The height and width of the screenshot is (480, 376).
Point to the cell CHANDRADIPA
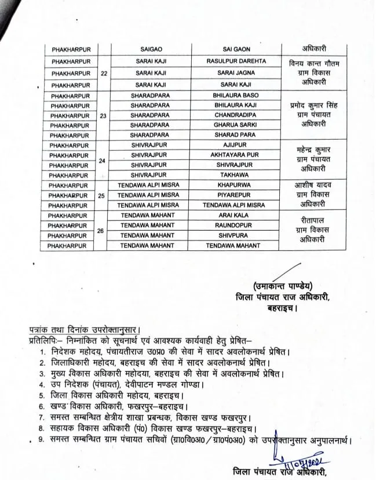236,115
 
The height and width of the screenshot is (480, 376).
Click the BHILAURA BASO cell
236,95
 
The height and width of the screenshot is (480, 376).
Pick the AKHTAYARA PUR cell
236,155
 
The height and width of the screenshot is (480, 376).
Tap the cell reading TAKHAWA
236,175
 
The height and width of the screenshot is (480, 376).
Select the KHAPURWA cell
236,186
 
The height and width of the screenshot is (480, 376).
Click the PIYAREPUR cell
236,195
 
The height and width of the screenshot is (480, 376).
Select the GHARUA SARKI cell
236,125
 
